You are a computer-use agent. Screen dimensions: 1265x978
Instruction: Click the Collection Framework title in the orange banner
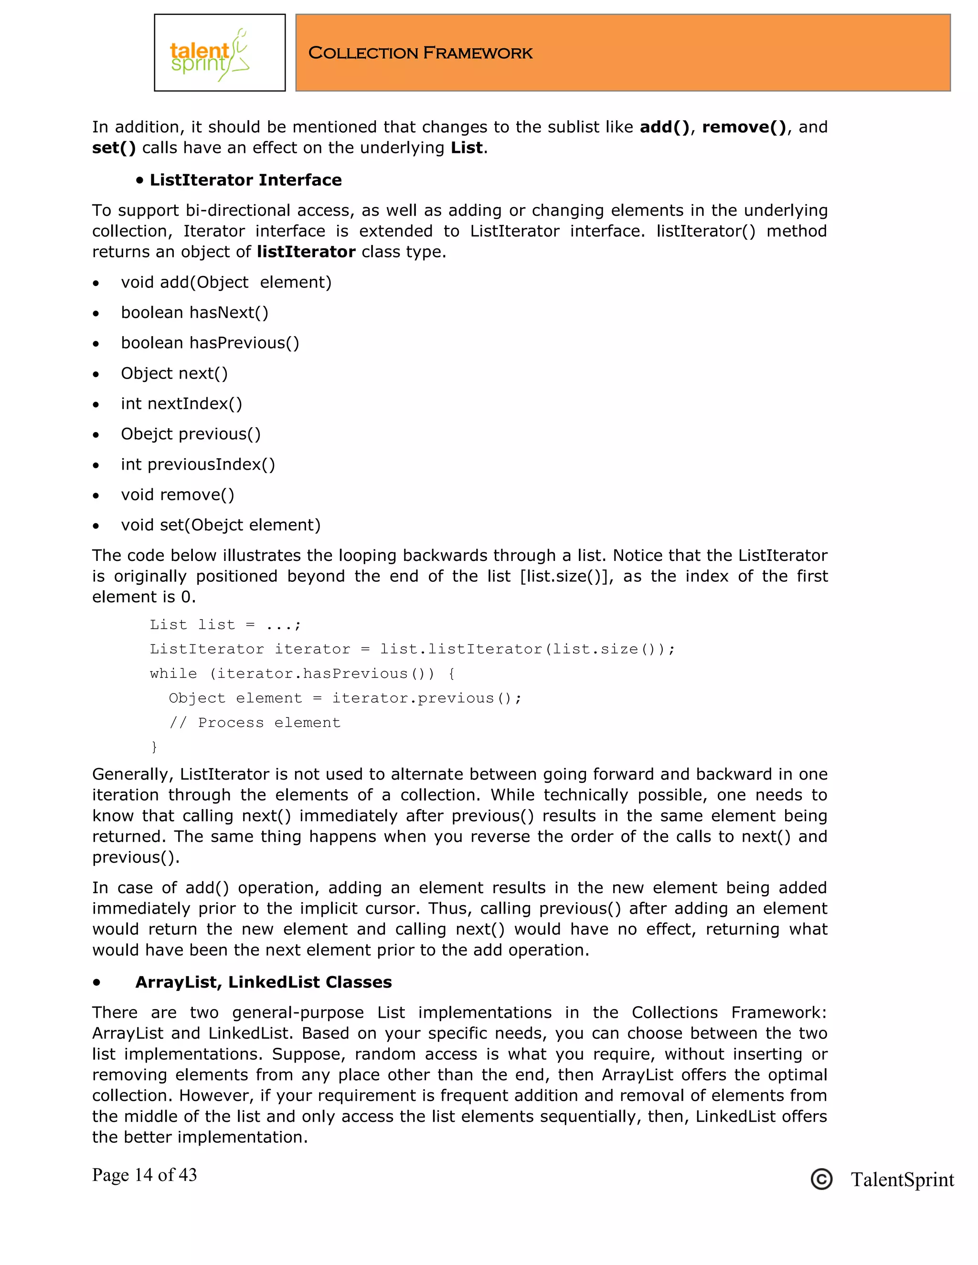[x=420, y=53]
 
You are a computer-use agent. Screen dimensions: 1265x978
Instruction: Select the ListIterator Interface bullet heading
[x=245, y=180]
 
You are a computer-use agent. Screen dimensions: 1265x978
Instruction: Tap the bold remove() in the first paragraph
[x=744, y=127]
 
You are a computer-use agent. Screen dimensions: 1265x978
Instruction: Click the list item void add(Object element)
[x=226, y=283]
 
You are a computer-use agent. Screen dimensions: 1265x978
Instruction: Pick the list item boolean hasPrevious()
[x=210, y=343]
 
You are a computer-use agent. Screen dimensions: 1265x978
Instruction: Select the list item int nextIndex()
[x=181, y=404]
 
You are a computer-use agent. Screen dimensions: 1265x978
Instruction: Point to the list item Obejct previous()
[x=191, y=434]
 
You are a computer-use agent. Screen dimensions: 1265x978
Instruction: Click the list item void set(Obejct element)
[x=220, y=525]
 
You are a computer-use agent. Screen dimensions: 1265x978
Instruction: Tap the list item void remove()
[x=177, y=495]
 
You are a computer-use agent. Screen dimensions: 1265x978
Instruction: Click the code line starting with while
[x=302, y=674]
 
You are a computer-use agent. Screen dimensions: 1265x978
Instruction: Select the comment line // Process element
[x=255, y=722]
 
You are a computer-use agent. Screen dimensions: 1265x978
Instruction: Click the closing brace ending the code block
[x=154, y=747]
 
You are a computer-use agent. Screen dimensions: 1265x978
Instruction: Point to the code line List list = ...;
[x=225, y=624]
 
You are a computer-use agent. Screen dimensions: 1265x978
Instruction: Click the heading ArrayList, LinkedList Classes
[x=263, y=982]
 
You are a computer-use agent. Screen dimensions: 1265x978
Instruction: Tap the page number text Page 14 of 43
[x=144, y=1174]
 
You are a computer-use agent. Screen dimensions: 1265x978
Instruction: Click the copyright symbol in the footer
[x=821, y=1179]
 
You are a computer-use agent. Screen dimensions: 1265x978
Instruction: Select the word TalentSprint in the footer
[x=902, y=1179]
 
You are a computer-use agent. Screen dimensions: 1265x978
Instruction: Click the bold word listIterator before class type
[x=306, y=252]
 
